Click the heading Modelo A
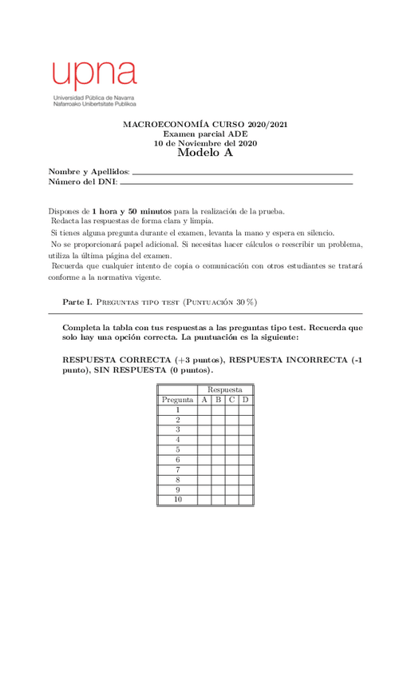point(205,153)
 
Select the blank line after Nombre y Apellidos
point(242,173)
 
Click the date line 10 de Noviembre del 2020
point(205,143)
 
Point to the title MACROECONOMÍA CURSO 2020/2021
point(205,126)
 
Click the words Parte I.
point(78,301)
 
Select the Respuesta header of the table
point(225,389)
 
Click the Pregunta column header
point(177,400)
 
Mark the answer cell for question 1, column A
point(204,409)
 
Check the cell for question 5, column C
point(231,449)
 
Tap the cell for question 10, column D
point(246,500)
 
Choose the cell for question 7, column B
point(218,469)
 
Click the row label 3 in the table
point(177,429)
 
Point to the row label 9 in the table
point(177,489)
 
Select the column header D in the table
point(246,400)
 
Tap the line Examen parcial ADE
point(205,134)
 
